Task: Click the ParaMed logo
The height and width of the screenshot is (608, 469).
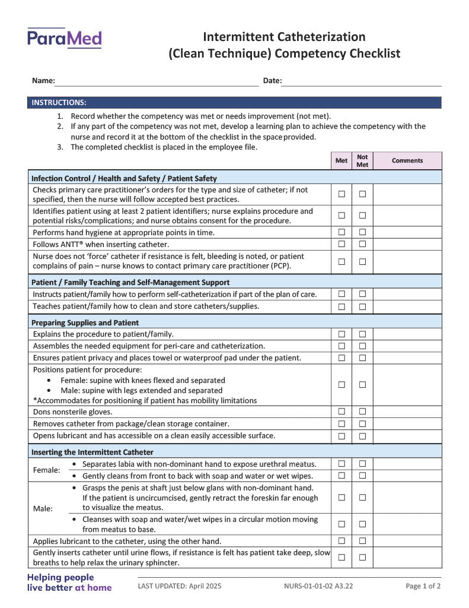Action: pos(64,39)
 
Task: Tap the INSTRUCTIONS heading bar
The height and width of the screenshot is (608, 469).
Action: pos(234,103)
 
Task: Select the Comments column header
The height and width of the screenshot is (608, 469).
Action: pos(407,161)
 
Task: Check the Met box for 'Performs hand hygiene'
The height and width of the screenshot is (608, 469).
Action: pos(342,232)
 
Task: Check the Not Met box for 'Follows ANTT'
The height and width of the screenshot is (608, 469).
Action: pos(362,244)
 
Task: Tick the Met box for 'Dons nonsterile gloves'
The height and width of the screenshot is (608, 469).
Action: pos(342,411)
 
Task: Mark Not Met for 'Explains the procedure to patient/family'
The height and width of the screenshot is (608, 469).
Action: pos(362,334)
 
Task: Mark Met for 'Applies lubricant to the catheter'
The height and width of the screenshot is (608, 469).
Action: pos(342,541)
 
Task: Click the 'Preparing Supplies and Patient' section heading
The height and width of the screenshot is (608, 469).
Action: pos(85,323)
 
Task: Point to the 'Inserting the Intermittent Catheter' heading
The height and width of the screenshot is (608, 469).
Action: pos(92,452)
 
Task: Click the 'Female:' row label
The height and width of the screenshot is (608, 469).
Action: pos(46,470)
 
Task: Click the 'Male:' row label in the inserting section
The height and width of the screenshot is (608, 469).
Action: pos(43,509)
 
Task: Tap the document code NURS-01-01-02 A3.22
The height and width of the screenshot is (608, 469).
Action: pos(318,586)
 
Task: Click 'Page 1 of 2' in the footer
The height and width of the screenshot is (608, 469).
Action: pos(423,586)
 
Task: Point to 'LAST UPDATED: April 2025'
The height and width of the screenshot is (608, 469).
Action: pos(180,586)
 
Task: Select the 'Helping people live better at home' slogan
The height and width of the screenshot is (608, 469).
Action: pos(69,582)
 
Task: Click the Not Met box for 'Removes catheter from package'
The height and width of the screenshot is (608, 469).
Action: pos(362,424)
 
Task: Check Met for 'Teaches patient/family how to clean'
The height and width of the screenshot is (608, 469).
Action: pos(342,306)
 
